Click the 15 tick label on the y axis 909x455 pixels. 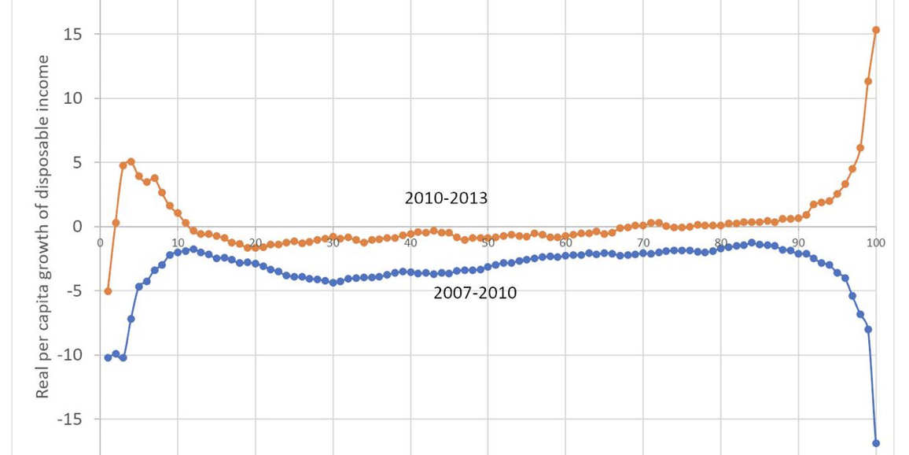(x=72, y=34)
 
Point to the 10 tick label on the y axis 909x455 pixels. (x=72, y=98)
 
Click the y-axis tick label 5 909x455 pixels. (x=77, y=163)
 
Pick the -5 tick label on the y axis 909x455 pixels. (x=73, y=291)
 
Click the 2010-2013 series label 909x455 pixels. (x=446, y=198)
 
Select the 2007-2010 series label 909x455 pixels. (x=475, y=294)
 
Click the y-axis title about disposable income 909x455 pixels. (x=42, y=227)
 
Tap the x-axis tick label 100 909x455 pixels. (x=875, y=242)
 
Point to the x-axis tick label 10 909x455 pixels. (x=178, y=242)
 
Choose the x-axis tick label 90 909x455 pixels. (x=798, y=242)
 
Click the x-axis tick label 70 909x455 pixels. (x=643, y=242)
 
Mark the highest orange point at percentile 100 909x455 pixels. (x=876, y=31)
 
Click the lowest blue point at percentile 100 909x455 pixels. (x=876, y=443)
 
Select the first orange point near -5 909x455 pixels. (x=108, y=291)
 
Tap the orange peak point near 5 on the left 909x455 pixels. (x=131, y=162)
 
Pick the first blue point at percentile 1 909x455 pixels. (x=108, y=357)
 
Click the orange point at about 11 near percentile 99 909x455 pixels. (x=868, y=81)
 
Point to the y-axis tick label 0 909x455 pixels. (x=77, y=227)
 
